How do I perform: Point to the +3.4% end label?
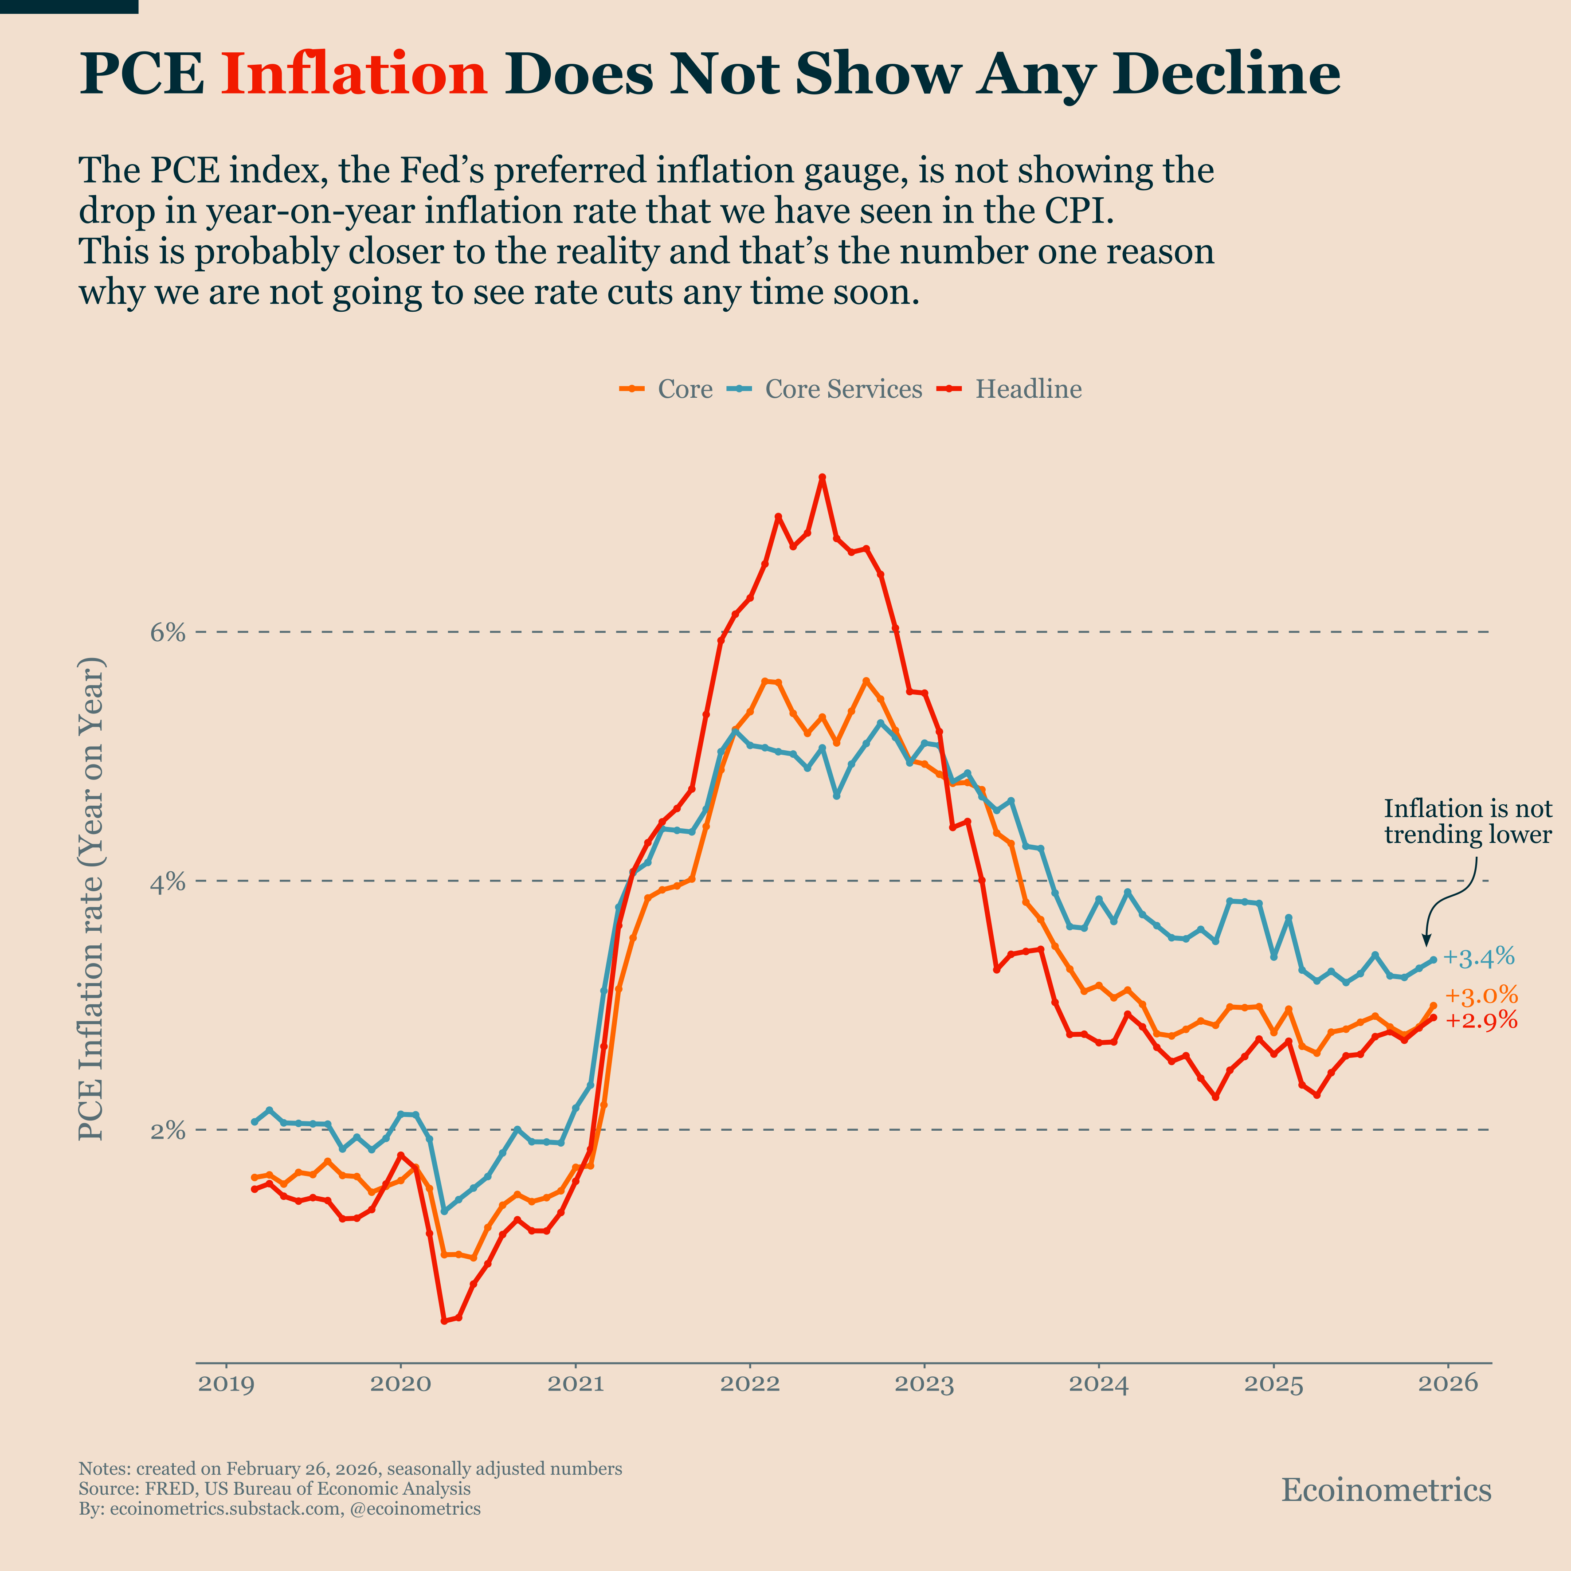(1478, 957)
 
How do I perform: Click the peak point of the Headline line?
(822, 477)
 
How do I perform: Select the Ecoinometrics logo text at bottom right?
(1386, 1490)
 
